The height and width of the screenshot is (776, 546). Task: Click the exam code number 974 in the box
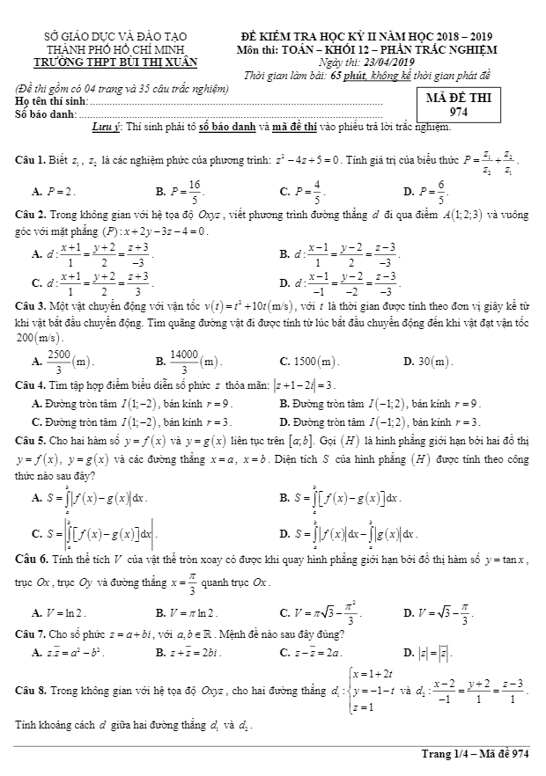coord(459,112)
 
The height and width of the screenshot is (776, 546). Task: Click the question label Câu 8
coord(32,692)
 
